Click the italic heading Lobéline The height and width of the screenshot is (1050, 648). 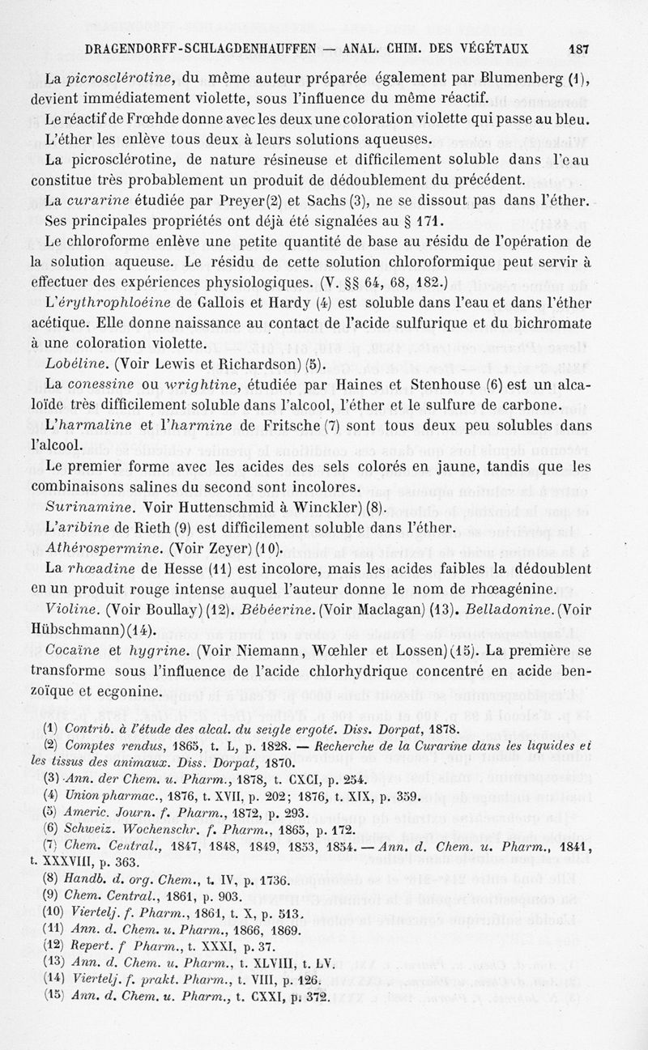78,364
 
